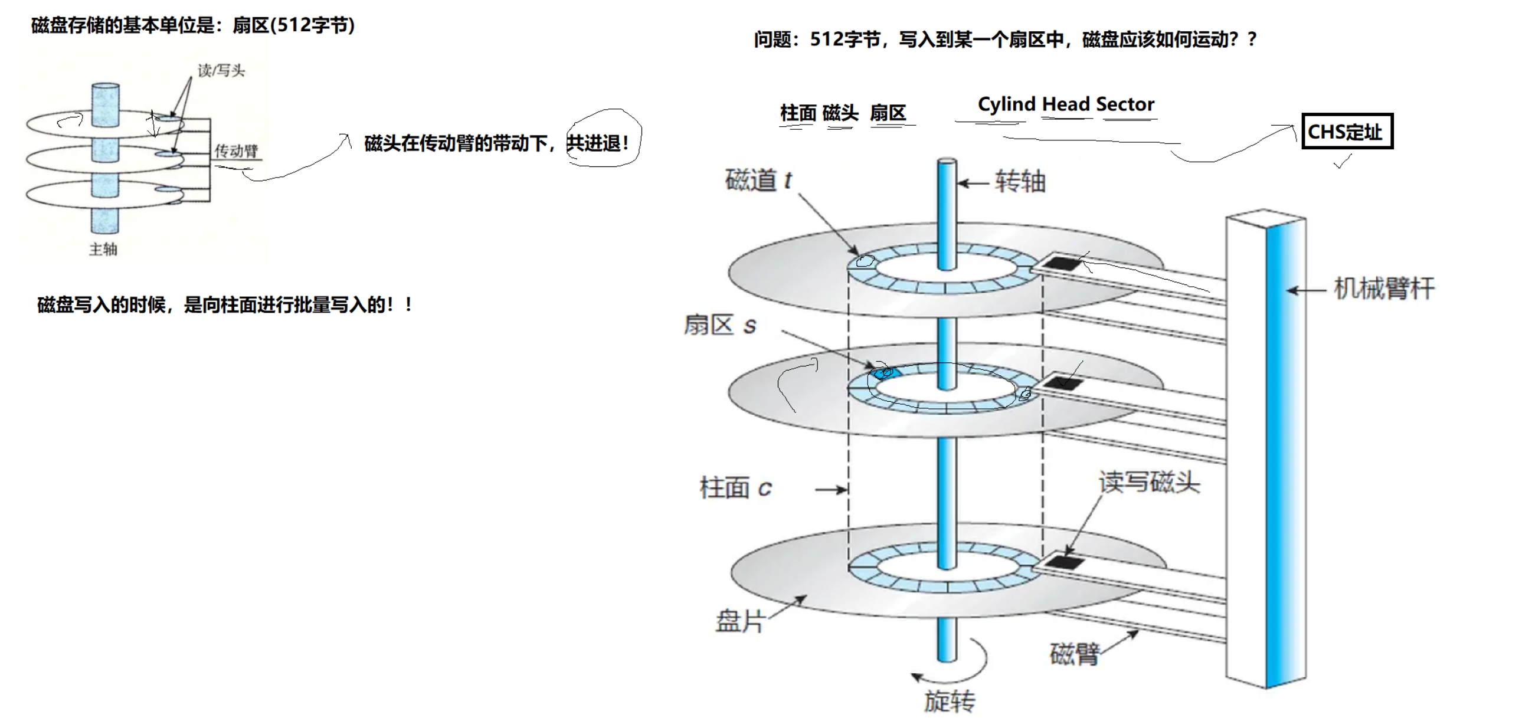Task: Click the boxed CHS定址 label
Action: pyautogui.click(x=1347, y=132)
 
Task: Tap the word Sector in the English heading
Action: pyautogui.click(x=1125, y=104)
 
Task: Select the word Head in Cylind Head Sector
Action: pyautogui.click(x=1066, y=104)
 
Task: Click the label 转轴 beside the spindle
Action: pyautogui.click(x=1020, y=181)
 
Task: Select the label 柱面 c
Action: pyautogui.click(x=736, y=488)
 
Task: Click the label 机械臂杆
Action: pyautogui.click(x=1384, y=289)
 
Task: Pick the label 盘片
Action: pyautogui.click(x=740, y=621)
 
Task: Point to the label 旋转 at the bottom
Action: pyautogui.click(x=949, y=702)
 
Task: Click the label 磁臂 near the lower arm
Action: pyautogui.click(x=1075, y=654)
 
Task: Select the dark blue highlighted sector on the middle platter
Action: pyautogui.click(x=883, y=373)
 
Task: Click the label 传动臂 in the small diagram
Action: pyautogui.click(x=236, y=151)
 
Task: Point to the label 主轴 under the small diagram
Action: pyautogui.click(x=103, y=249)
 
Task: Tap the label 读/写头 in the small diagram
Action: pyautogui.click(x=221, y=71)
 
